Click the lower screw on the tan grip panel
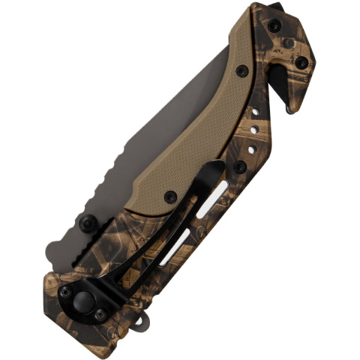pyautogui.click(x=171, y=196)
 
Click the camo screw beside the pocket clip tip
pyautogui.click(x=239, y=166)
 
